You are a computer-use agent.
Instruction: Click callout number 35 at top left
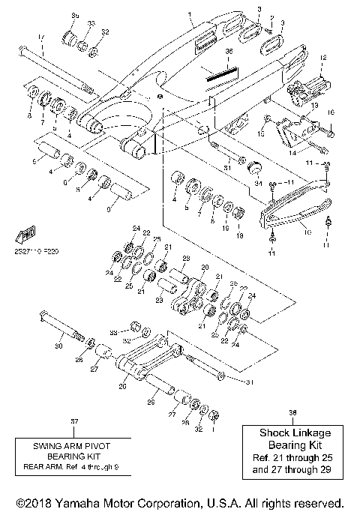[74, 16]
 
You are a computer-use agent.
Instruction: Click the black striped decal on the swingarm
[223, 73]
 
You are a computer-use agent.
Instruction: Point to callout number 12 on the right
[323, 57]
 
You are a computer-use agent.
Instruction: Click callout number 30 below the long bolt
[60, 346]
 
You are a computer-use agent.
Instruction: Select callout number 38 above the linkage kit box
[292, 412]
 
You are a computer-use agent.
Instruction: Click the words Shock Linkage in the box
[292, 433]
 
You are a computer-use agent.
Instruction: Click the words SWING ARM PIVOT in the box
[73, 444]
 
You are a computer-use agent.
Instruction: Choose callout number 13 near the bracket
[314, 106]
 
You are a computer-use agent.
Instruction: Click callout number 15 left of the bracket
[262, 133]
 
